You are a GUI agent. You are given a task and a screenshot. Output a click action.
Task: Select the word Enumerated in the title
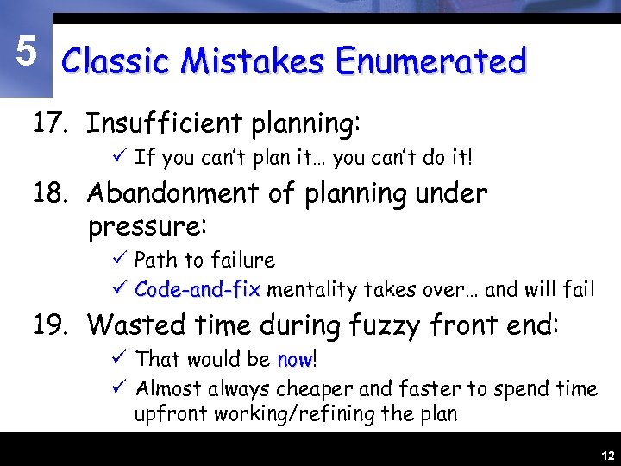pos(430,62)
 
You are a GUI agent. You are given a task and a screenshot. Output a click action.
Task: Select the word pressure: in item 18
pos(147,229)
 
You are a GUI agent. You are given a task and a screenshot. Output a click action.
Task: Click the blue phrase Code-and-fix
pos(198,289)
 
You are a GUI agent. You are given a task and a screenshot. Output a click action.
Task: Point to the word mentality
pos(309,289)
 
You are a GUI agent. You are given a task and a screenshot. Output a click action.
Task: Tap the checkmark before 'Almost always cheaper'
pos(121,388)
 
